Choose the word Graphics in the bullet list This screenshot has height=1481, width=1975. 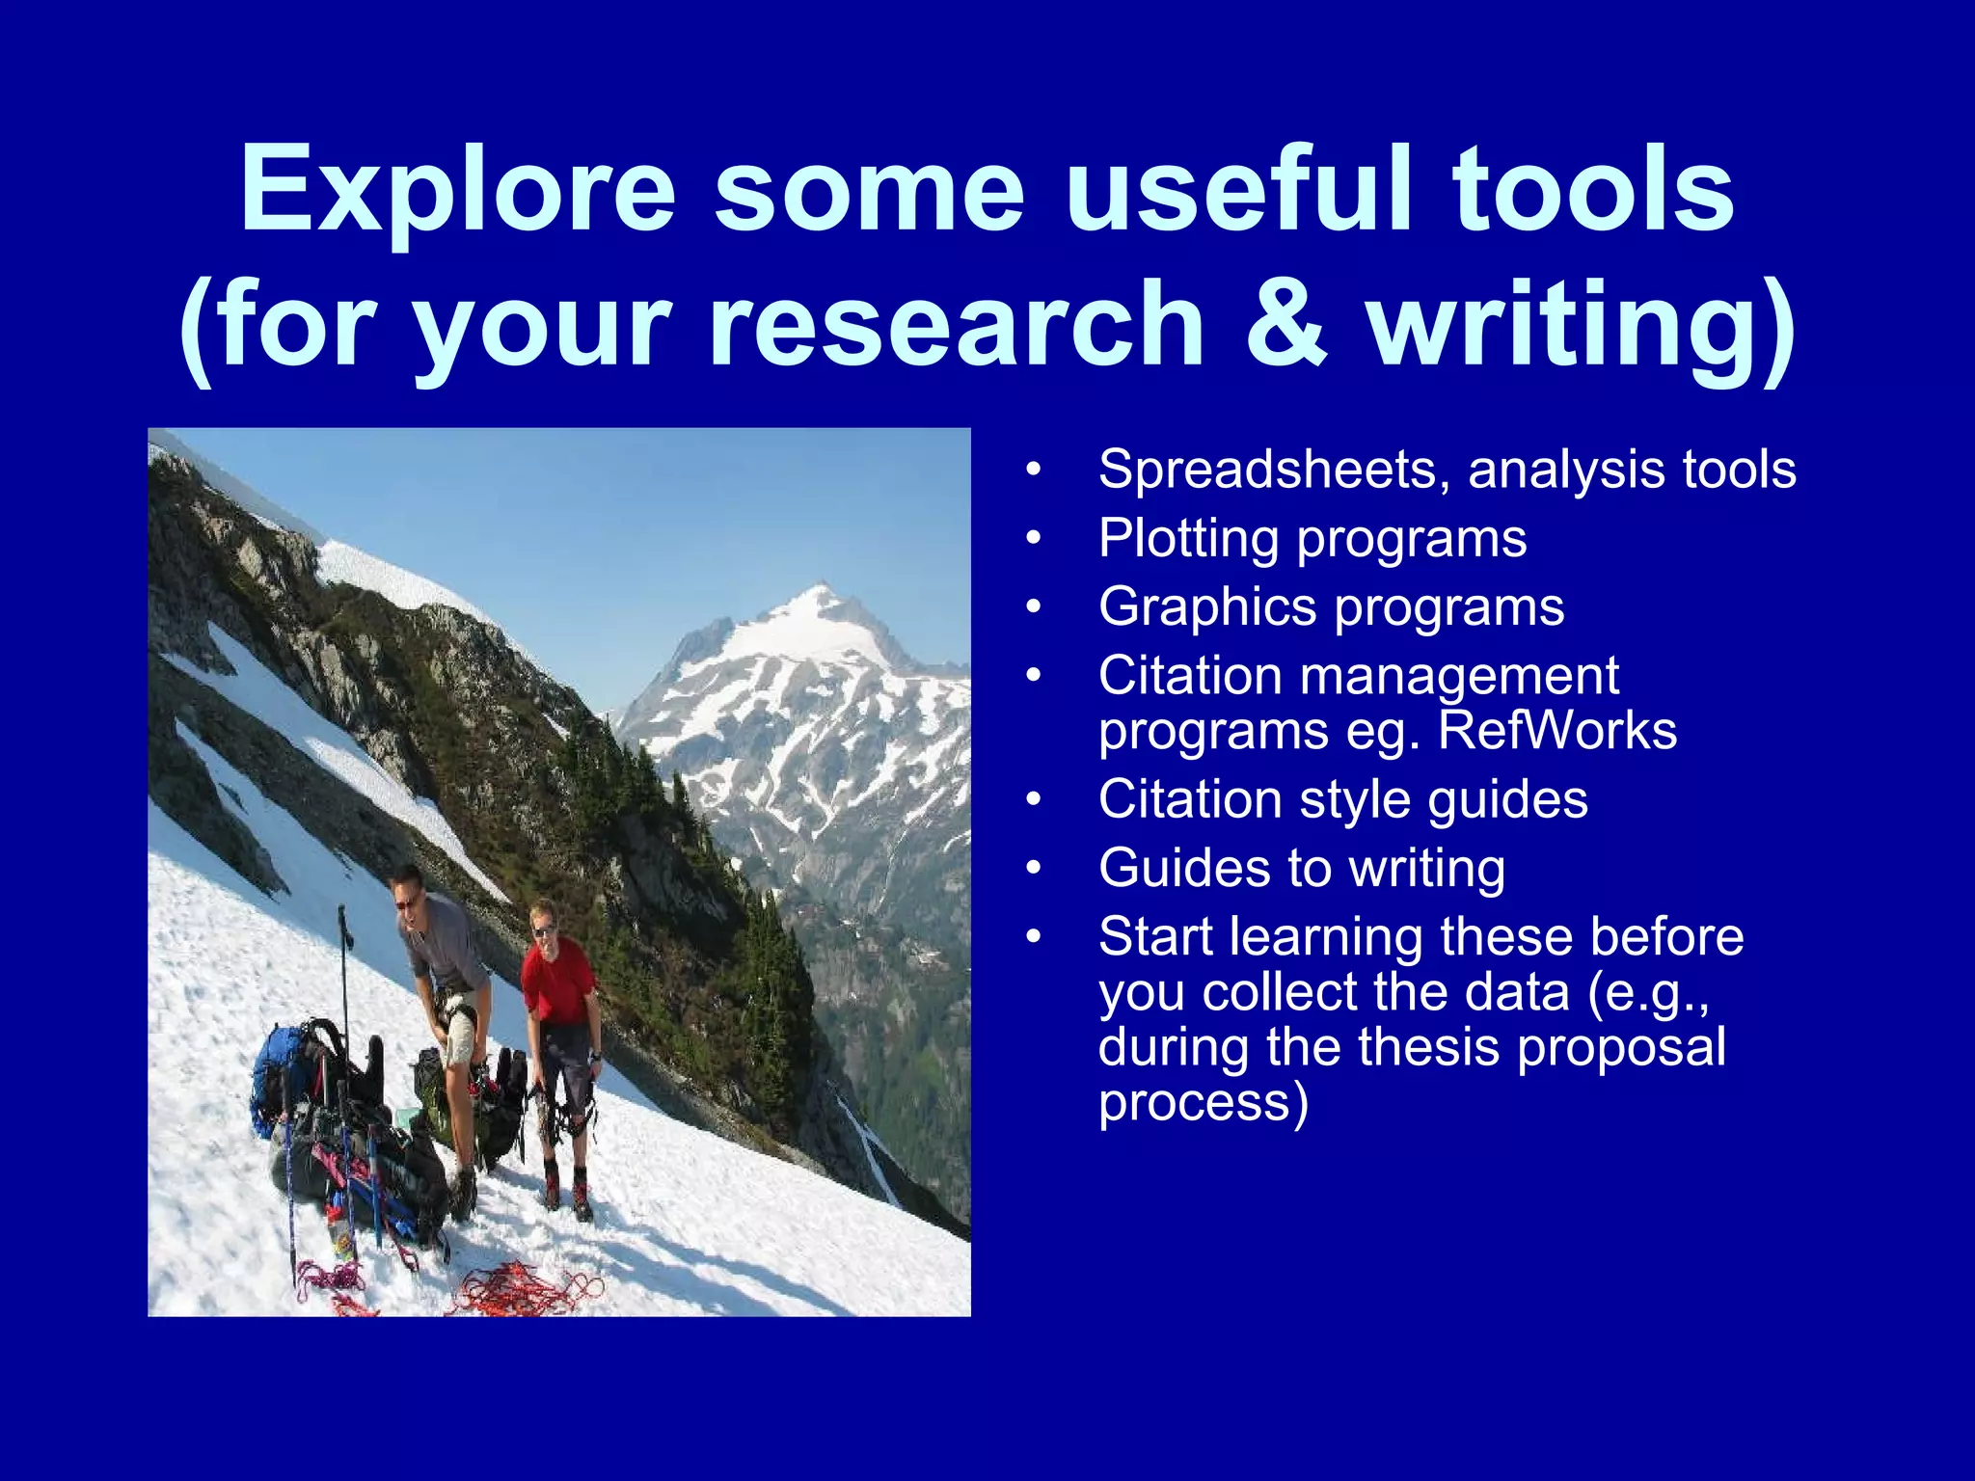(1207, 607)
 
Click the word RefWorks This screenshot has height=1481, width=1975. (1556, 731)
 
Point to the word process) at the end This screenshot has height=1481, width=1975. (1204, 1104)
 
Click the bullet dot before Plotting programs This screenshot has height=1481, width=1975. (1034, 539)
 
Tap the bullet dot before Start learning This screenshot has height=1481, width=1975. (1034, 937)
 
